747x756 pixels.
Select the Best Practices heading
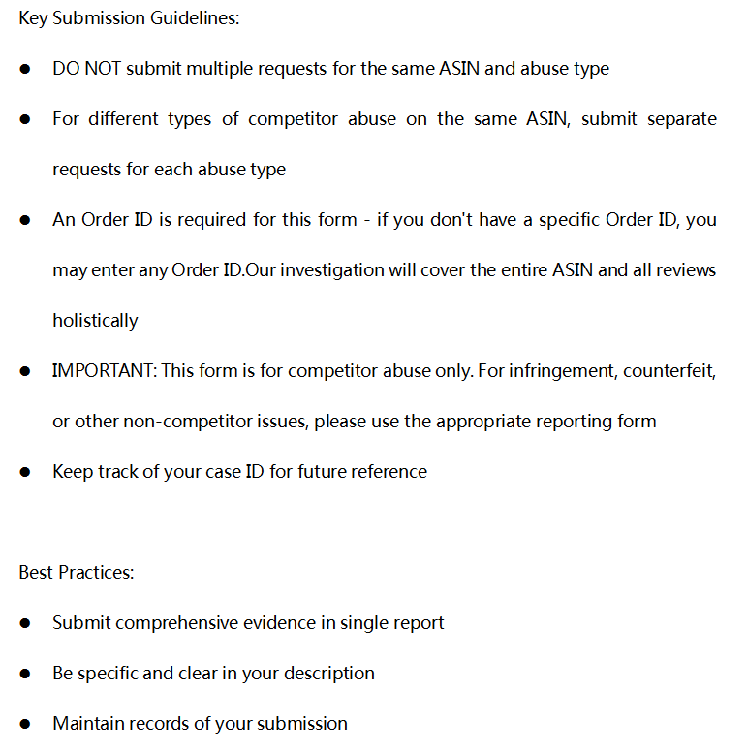pos(77,572)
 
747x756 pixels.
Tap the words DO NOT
pos(86,69)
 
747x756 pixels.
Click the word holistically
pos(95,321)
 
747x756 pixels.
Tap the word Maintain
pos(88,724)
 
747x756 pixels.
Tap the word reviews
pos(683,270)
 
